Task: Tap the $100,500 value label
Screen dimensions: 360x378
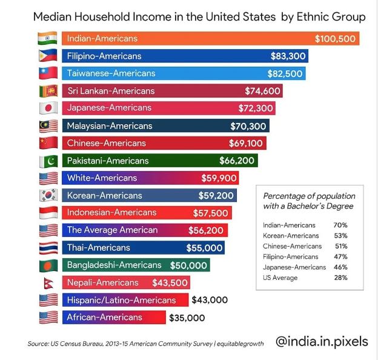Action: (336, 39)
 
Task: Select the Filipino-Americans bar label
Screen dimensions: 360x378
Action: (104, 56)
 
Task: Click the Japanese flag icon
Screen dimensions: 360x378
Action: (47, 108)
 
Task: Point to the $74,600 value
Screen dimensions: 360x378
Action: (262, 91)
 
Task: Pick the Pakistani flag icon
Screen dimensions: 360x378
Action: (47, 161)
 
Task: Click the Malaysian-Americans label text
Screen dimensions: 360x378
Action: (110, 126)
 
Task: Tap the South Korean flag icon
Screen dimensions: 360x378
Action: (47, 196)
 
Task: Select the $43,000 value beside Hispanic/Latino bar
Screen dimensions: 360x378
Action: (210, 300)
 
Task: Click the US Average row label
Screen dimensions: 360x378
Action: (280, 278)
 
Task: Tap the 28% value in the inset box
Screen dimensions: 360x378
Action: (340, 278)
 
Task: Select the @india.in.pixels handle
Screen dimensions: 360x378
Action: (322, 342)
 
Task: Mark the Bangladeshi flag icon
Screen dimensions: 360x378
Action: (47, 265)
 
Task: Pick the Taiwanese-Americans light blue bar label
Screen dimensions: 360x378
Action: (111, 73)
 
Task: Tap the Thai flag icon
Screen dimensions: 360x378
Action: (47, 248)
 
